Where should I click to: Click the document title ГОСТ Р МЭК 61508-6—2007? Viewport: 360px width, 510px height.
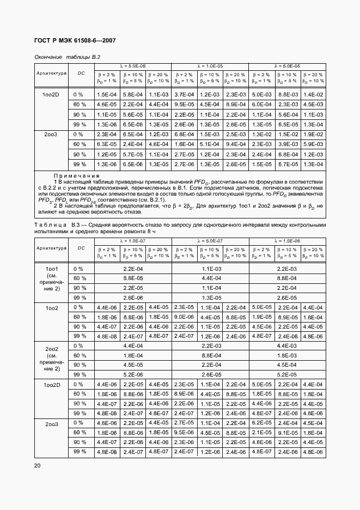(x=75, y=41)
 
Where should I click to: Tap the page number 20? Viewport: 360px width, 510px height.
(x=36, y=465)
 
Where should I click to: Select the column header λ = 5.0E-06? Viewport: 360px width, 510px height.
(x=133, y=65)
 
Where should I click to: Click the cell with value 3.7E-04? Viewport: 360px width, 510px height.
(x=184, y=94)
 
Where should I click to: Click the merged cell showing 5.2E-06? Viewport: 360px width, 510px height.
(x=133, y=375)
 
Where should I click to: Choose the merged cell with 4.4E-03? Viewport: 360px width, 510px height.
(x=287, y=346)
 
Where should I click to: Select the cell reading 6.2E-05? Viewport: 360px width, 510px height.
(x=261, y=423)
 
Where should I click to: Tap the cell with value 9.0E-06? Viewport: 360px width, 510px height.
(x=184, y=317)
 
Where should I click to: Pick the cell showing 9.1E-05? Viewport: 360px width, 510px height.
(x=287, y=433)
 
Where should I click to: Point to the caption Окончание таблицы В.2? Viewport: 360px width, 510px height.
(x=68, y=56)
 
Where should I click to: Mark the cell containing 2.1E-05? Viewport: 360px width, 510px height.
(x=261, y=433)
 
